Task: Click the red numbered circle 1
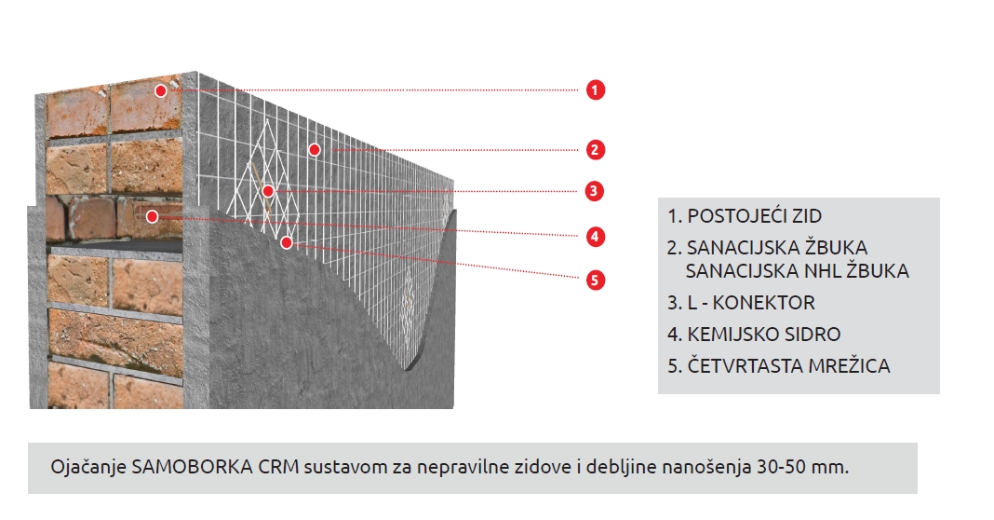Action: coord(595,90)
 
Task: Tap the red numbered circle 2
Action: coord(594,150)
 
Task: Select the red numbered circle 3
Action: coord(594,191)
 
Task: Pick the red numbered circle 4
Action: coord(594,237)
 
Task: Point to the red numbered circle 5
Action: coord(594,280)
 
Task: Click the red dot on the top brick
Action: coord(161,90)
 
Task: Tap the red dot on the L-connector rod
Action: coord(268,191)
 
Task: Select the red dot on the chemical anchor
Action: coord(152,216)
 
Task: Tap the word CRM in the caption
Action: coord(278,467)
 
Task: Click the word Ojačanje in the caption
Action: coord(88,468)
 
